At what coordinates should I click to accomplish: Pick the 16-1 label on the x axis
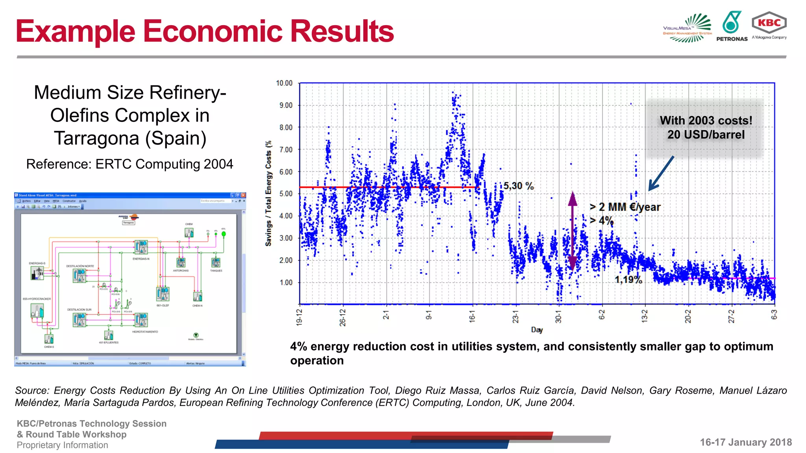[472, 317]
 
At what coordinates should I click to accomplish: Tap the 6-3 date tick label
[774, 315]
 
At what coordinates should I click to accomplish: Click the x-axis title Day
[537, 330]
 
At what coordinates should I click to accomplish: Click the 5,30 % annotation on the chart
[518, 186]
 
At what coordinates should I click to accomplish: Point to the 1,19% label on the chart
[628, 280]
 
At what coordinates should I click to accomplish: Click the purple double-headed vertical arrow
[573, 230]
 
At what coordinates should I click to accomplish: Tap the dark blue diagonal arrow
[661, 173]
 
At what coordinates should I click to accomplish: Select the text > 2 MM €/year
[625, 207]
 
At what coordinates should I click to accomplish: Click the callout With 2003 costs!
[706, 121]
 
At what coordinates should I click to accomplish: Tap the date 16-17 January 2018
[745, 442]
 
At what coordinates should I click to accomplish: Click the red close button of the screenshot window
[244, 195]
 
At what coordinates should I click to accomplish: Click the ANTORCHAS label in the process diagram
[181, 271]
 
